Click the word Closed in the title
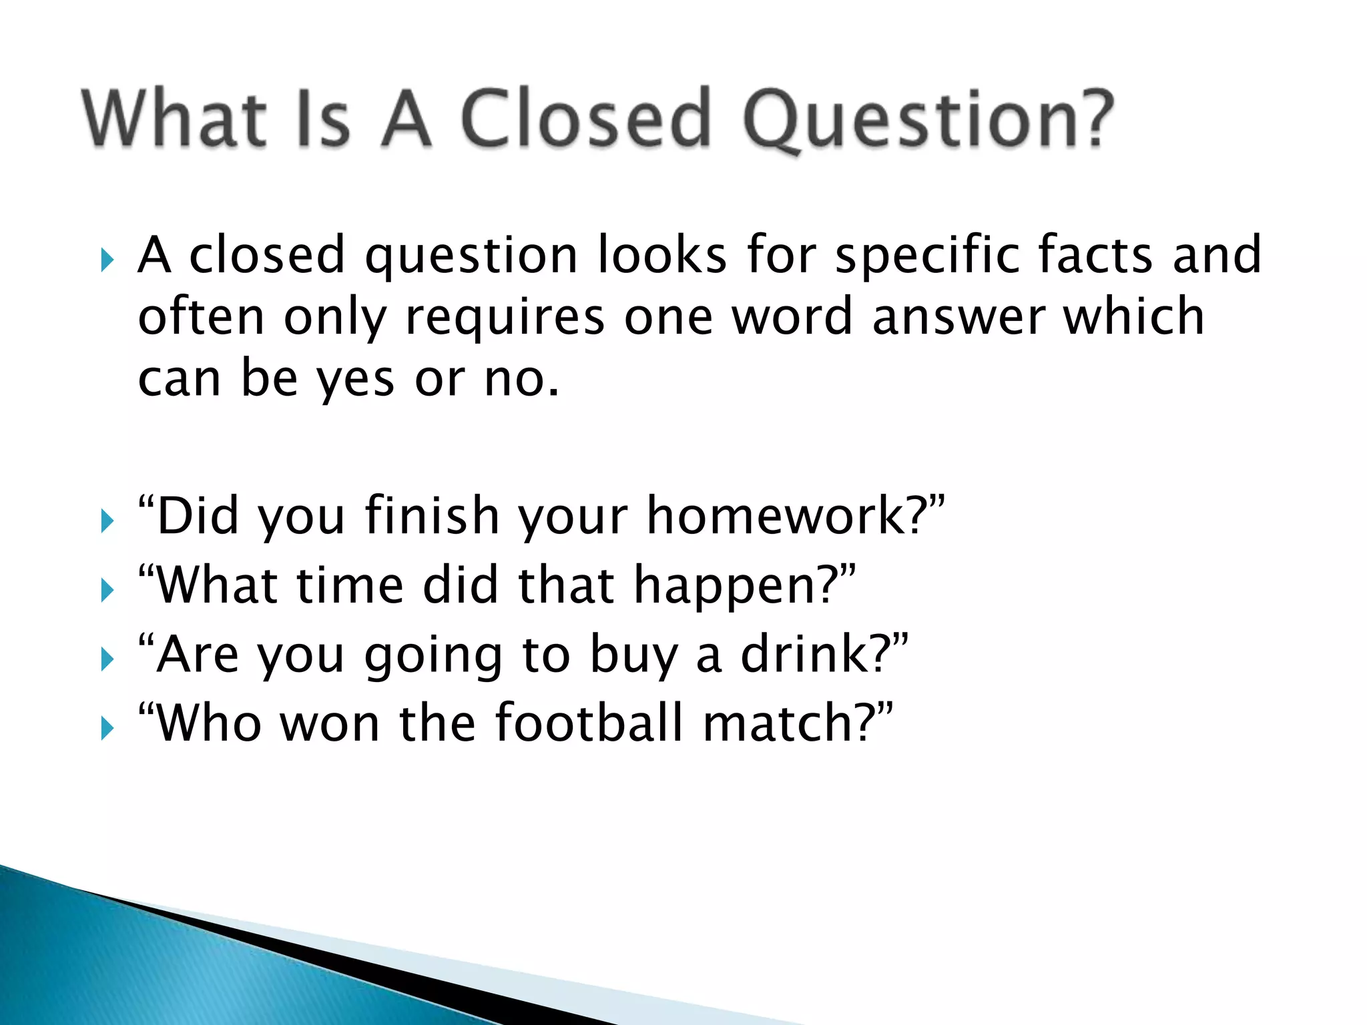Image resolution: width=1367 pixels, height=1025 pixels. pos(585,119)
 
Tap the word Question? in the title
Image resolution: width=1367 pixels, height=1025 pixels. pos(928,120)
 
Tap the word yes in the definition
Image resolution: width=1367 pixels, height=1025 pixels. pos(355,379)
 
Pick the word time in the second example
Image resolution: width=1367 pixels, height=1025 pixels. pos(350,585)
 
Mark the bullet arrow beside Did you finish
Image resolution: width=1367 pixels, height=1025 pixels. pos(107,521)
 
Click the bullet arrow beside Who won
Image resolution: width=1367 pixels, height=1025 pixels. pos(107,728)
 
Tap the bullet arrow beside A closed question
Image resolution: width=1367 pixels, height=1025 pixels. pos(107,260)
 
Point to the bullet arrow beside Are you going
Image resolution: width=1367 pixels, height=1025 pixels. pos(107,659)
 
